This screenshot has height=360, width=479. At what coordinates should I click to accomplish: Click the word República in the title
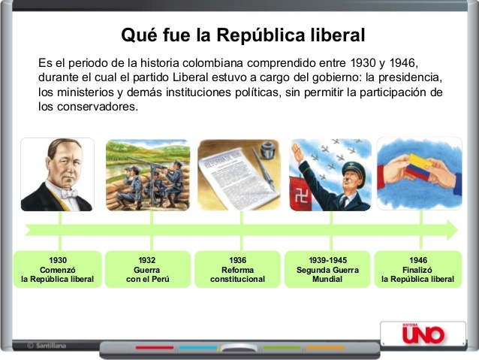pyautogui.click(x=261, y=35)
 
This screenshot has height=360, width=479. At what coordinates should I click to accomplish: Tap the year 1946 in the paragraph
pyautogui.click(x=402, y=63)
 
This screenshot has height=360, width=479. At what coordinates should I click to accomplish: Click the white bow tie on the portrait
pyautogui.click(x=68, y=193)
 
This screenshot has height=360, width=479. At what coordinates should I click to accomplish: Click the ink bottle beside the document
pyautogui.click(x=268, y=150)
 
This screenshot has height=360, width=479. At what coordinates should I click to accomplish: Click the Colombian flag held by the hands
pyautogui.click(x=417, y=167)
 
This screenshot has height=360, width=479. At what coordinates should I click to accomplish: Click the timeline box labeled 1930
pyautogui.click(x=58, y=270)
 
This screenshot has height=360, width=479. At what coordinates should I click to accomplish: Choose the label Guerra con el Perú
pyautogui.click(x=147, y=274)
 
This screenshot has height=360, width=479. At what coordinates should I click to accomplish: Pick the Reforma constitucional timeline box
pyautogui.click(x=238, y=270)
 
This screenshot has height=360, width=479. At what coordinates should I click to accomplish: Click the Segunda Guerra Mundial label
pyautogui.click(x=327, y=274)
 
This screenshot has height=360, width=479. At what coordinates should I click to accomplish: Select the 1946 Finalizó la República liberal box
pyautogui.click(x=418, y=270)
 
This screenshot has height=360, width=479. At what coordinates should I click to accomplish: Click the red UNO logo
pyautogui.click(x=423, y=334)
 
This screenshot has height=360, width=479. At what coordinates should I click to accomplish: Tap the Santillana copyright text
pyautogui.click(x=47, y=346)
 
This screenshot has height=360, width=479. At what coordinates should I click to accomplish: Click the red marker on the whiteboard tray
pyautogui.click(x=155, y=348)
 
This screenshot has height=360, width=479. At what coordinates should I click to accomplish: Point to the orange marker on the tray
pyautogui.click(x=325, y=348)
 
